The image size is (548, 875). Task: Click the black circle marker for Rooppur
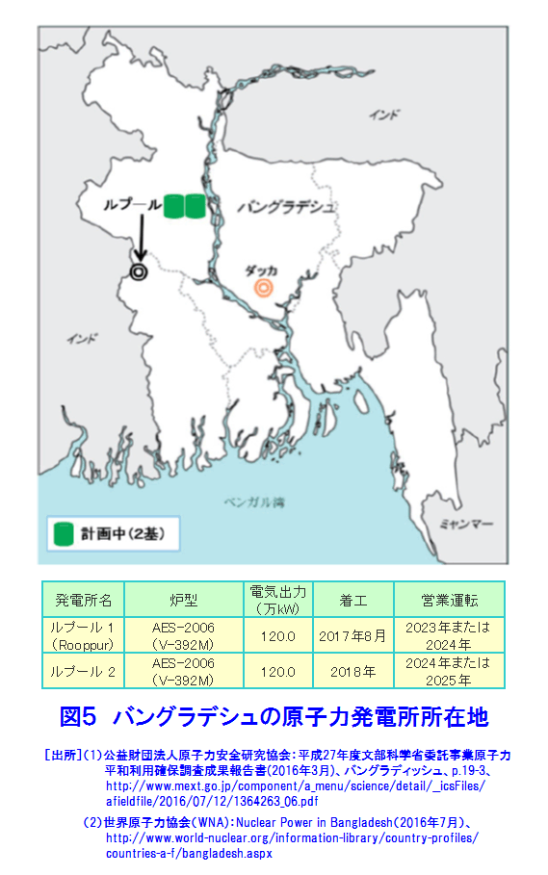140,271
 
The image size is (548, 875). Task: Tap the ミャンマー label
466,524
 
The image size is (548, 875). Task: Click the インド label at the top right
383,116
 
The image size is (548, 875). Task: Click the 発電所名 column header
84,600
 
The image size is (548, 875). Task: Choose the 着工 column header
351,600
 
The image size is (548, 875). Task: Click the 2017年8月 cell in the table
351,635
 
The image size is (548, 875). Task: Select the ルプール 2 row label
84,671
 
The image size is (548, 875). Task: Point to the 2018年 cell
351,671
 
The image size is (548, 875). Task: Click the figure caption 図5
79,717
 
